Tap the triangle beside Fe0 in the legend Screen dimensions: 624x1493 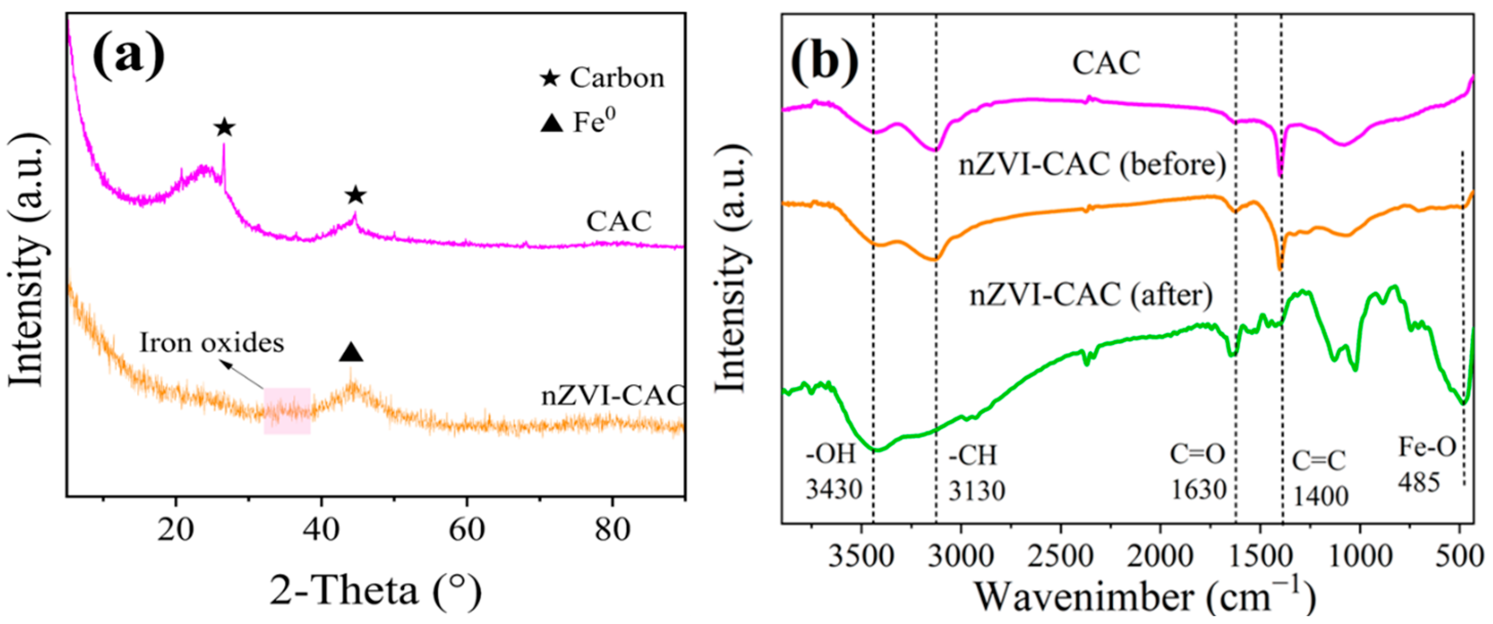point(551,123)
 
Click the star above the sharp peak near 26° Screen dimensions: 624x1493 point(224,128)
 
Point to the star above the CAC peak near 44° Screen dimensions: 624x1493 point(356,196)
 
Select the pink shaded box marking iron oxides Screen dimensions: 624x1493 point(287,411)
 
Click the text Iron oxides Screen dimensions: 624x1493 point(211,343)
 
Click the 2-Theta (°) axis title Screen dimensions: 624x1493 point(376,591)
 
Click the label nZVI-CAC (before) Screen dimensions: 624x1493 point(1092,165)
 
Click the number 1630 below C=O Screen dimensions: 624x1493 point(1199,490)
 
